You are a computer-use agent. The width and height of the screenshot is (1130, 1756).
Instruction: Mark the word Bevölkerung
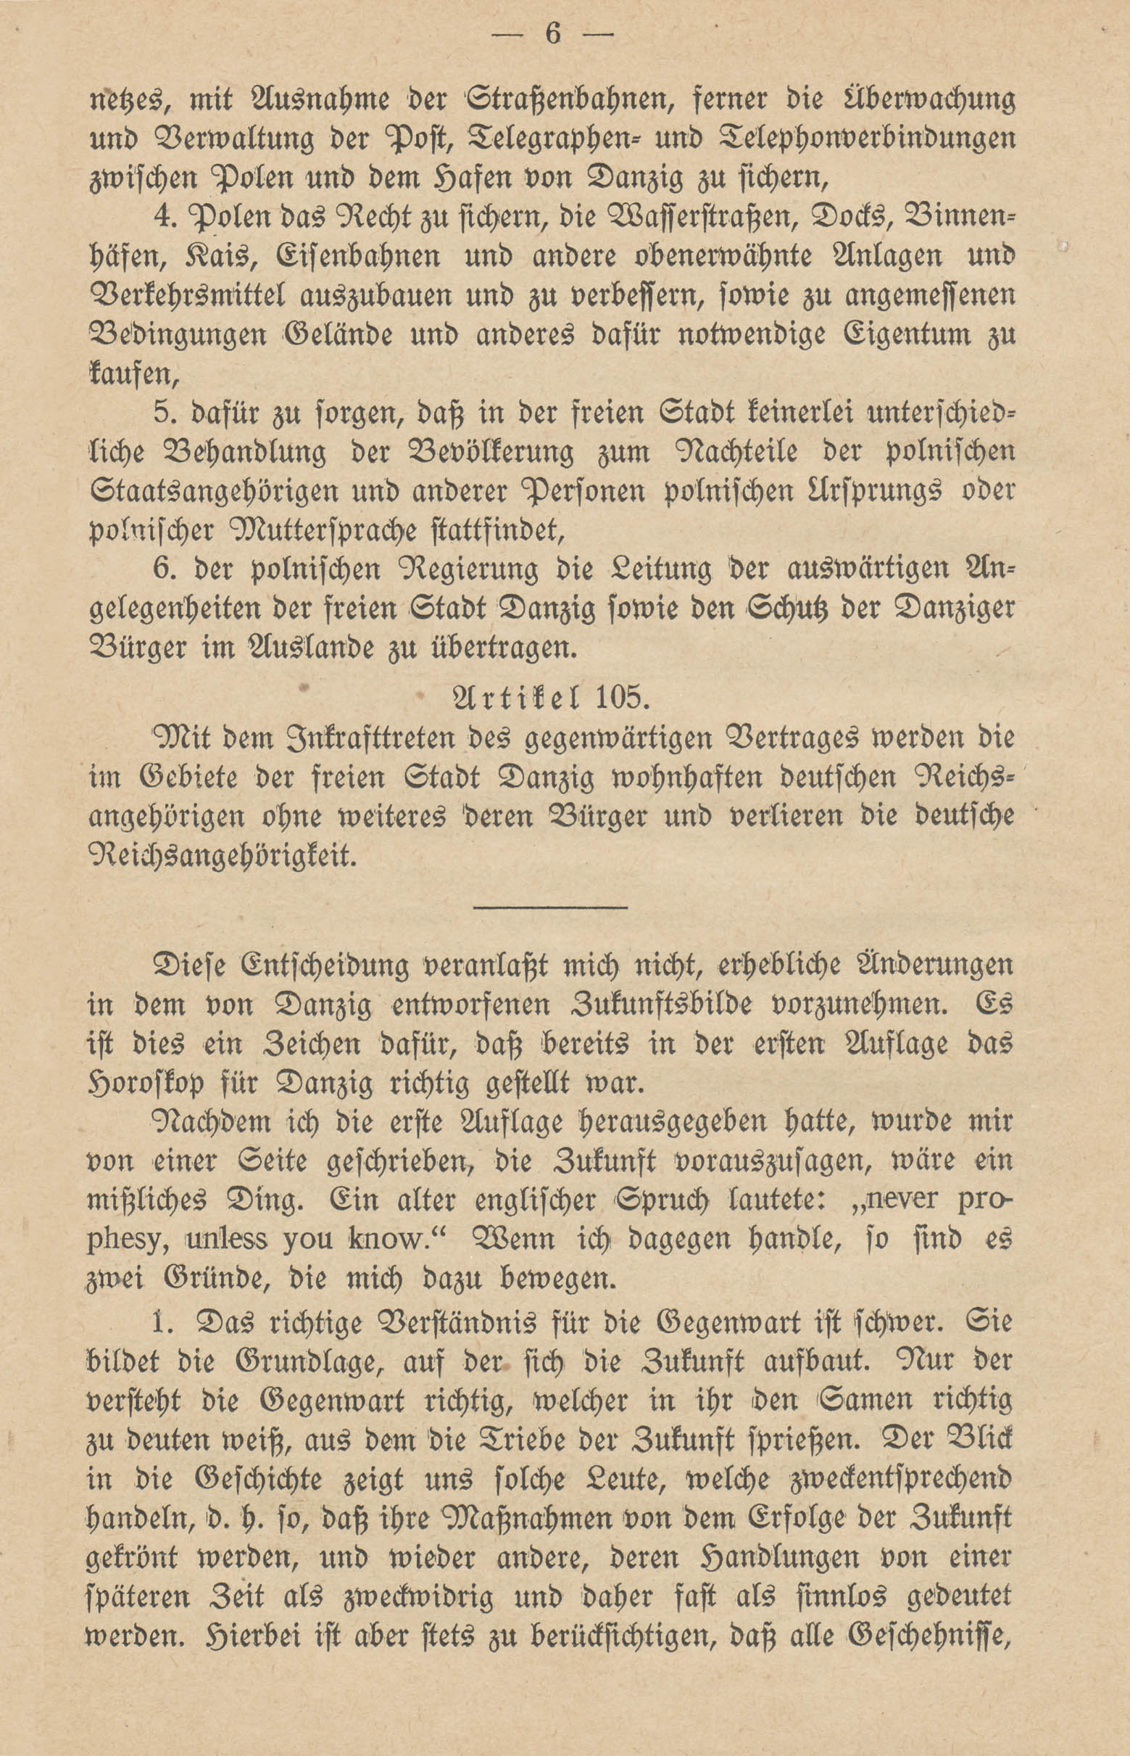point(481,451)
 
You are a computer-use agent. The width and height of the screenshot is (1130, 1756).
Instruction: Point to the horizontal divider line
point(550,908)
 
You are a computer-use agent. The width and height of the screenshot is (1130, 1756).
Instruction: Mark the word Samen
point(872,1400)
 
